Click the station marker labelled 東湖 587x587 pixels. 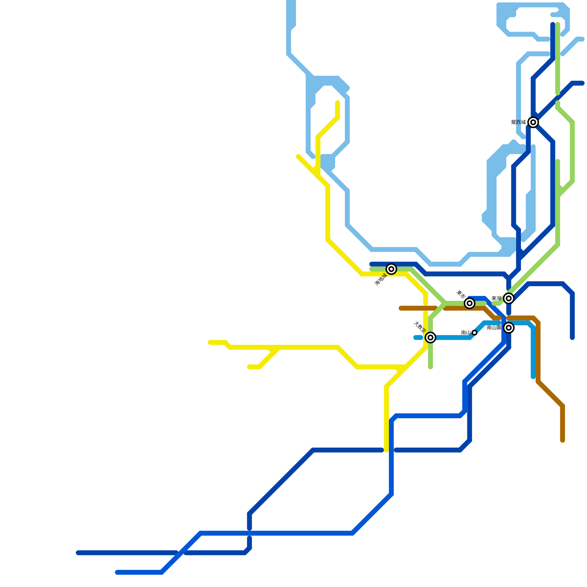[508, 298]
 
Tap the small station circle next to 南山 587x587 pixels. [474, 333]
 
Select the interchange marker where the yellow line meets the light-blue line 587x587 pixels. [430, 337]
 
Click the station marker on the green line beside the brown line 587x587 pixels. [469, 303]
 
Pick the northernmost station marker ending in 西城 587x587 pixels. [533, 122]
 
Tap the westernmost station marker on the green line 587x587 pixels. [391, 269]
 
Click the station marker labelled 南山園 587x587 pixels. [508, 328]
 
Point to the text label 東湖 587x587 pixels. [496, 299]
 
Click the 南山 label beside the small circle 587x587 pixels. [466, 333]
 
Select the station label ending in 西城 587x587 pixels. [518, 122]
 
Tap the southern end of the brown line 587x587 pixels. [562, 440]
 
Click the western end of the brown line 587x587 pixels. [401, 308]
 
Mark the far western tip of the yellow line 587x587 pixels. [210, 342]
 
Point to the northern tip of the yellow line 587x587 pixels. [338, 103]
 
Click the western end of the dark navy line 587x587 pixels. [78, 553]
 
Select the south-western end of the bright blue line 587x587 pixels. [117, 572]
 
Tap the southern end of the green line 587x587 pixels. [430, 367]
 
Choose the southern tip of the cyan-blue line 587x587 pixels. [533, 377]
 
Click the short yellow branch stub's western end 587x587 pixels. [249, 367]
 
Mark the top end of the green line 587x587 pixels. [558, 25]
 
